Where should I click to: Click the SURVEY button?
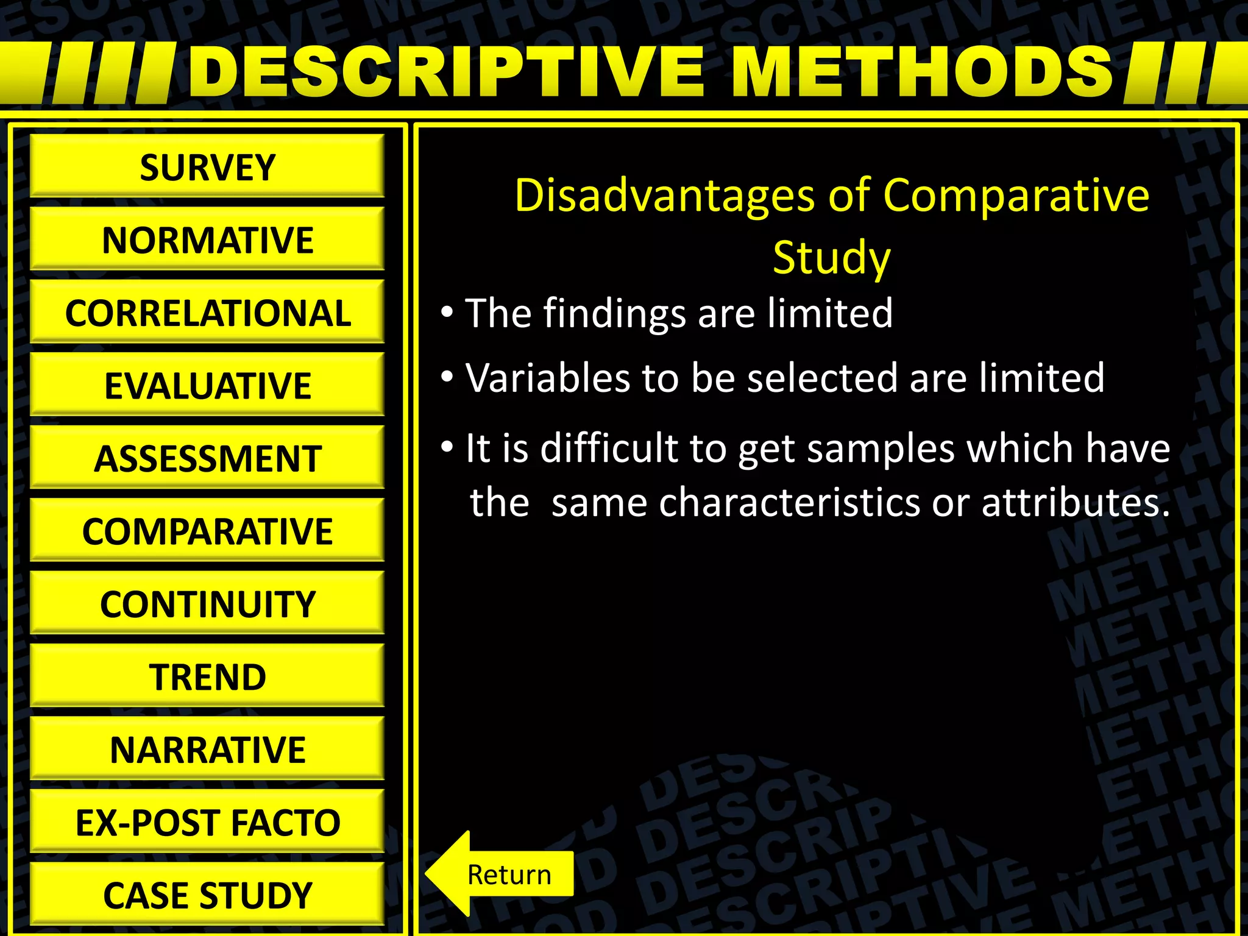coord(207,167)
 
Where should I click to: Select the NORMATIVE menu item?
coord(207,239)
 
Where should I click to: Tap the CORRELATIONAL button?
coord(207,313)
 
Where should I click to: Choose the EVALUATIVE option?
coord(207,385)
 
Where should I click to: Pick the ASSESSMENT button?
coord(207,458)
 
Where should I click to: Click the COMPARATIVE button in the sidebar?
coord(207,531)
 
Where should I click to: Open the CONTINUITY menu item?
coord(207,604)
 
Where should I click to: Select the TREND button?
coord(207,676)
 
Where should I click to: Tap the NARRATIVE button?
coord(207,750)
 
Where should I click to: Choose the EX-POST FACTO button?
coord(207,822)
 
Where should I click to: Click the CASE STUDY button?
coord(207,895)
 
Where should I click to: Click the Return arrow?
coord(500,874)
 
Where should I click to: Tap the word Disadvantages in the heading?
coord(664,196)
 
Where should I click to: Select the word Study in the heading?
coord(831,258)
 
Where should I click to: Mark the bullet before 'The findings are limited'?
coord(447,313)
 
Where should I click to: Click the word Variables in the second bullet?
coord(548,378)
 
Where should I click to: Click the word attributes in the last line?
coord(1076,503)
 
